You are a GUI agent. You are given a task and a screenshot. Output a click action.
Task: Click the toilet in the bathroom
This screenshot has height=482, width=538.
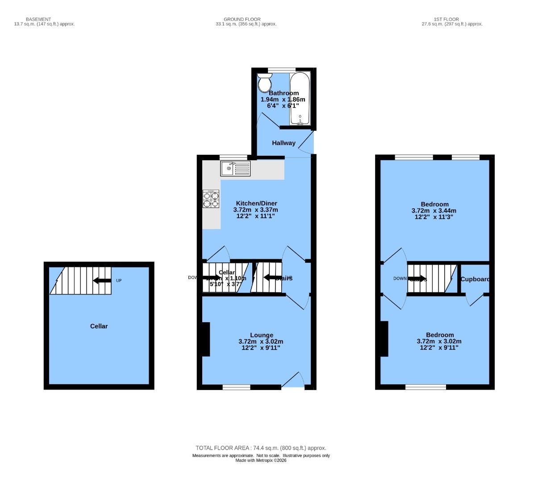coord(264,83)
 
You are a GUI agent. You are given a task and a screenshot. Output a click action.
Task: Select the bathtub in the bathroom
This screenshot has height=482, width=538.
coord(299,99)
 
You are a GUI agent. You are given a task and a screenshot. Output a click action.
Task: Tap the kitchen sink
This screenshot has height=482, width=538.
coord(235,169)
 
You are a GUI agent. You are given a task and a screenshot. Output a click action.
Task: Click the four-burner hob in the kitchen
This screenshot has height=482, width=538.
coord(211,199)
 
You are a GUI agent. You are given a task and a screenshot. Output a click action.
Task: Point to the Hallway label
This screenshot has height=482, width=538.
coord(284,143)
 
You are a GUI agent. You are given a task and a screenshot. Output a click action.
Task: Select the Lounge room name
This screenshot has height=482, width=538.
coord(261,335)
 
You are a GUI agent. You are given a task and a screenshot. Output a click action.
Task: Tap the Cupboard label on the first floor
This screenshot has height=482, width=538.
coord(475,279)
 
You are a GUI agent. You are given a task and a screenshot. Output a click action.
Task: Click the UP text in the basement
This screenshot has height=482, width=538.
coord(119,281)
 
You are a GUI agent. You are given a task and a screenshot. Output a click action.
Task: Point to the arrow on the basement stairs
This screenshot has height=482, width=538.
coord(102,280)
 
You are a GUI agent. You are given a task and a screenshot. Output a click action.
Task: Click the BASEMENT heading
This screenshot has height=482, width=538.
coord(38,19)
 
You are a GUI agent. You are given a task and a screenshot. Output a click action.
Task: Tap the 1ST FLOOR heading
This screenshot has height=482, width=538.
coord(446,19)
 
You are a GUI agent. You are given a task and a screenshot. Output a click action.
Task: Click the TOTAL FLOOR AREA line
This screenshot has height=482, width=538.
coord(261,448)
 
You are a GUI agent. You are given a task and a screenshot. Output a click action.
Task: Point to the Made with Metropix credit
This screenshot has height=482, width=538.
coord(261,461)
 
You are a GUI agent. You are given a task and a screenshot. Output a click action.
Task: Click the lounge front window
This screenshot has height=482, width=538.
coord(236,387)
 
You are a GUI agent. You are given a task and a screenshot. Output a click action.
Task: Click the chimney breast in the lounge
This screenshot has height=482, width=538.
coord(205,339)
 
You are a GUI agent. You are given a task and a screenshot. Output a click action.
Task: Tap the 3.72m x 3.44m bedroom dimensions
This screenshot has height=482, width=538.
coord(434,211)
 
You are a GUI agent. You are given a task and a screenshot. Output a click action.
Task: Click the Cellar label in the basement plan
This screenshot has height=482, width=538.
coord(99,326)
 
